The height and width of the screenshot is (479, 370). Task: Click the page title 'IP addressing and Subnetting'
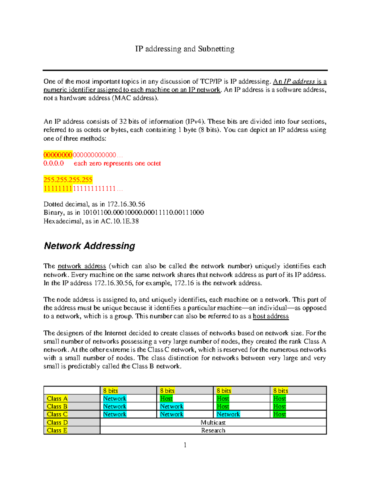point(185,49)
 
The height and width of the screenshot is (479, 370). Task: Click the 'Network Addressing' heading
point(89,246)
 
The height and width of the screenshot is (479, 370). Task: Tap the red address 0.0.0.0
point(54,163)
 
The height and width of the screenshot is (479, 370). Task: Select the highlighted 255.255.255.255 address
point(68,180)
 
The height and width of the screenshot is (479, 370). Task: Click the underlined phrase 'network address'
point(82,266)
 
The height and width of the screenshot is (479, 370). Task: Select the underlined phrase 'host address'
point(271,316)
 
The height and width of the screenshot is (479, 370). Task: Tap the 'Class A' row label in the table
point(57,398)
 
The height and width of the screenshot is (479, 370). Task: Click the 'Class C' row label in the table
point(57,414)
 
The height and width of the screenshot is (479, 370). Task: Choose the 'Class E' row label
point(57,430)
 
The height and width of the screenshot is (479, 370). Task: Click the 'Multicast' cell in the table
point(213,423)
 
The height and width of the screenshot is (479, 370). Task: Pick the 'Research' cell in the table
point(213,430)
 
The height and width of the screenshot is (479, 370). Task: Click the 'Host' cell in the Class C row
point(280,414)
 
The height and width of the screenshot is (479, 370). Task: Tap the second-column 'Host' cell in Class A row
point(166,398)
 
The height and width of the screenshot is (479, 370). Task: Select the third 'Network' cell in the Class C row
point(228,414)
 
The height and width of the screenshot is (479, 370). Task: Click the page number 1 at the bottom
point(185,445)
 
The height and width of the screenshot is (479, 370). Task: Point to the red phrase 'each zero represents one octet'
point(117,163)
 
